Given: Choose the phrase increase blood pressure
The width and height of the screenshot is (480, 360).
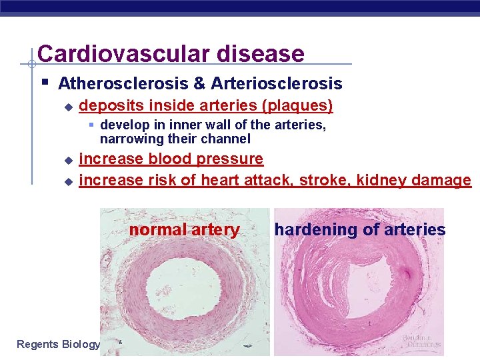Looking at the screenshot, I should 171,159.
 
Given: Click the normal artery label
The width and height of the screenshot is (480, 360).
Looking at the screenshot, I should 184,230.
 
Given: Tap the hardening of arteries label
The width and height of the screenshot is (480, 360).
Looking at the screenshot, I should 360,230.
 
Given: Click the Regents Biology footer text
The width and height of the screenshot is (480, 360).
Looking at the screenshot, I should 58,344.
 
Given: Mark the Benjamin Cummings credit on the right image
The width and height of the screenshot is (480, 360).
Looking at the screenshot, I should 421,341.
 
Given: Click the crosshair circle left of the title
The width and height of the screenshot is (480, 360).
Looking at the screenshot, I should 31,65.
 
